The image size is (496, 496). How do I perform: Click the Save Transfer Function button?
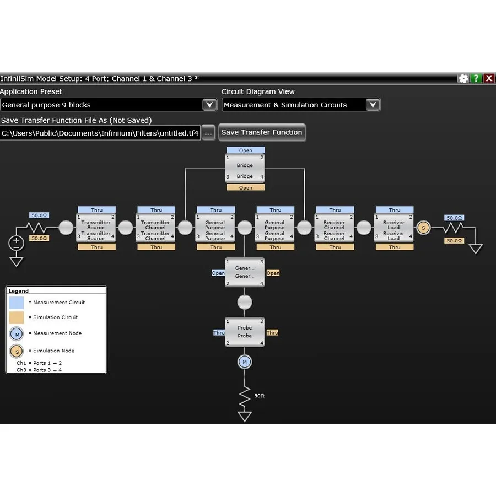click(262, 132)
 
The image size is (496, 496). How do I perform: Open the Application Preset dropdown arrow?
click(209, 105)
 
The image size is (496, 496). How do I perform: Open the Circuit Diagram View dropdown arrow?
click(373, 105)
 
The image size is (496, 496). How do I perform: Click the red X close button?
click(489, 79)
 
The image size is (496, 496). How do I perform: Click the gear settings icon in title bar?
click(463, 79)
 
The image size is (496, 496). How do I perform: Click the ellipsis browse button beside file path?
click(208, 133)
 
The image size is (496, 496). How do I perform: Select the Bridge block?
click(245, 169)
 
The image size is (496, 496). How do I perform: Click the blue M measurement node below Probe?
click(245, 362)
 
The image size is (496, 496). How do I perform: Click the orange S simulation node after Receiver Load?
click(423, 228)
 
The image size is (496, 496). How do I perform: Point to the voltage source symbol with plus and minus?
click(17, 243)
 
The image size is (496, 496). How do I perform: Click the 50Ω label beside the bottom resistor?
click(259, 396)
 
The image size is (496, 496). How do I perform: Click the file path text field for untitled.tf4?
click(100, 133)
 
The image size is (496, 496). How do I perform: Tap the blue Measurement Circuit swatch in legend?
click(17, 303)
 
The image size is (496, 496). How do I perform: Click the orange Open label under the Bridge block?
click(246, 188)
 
